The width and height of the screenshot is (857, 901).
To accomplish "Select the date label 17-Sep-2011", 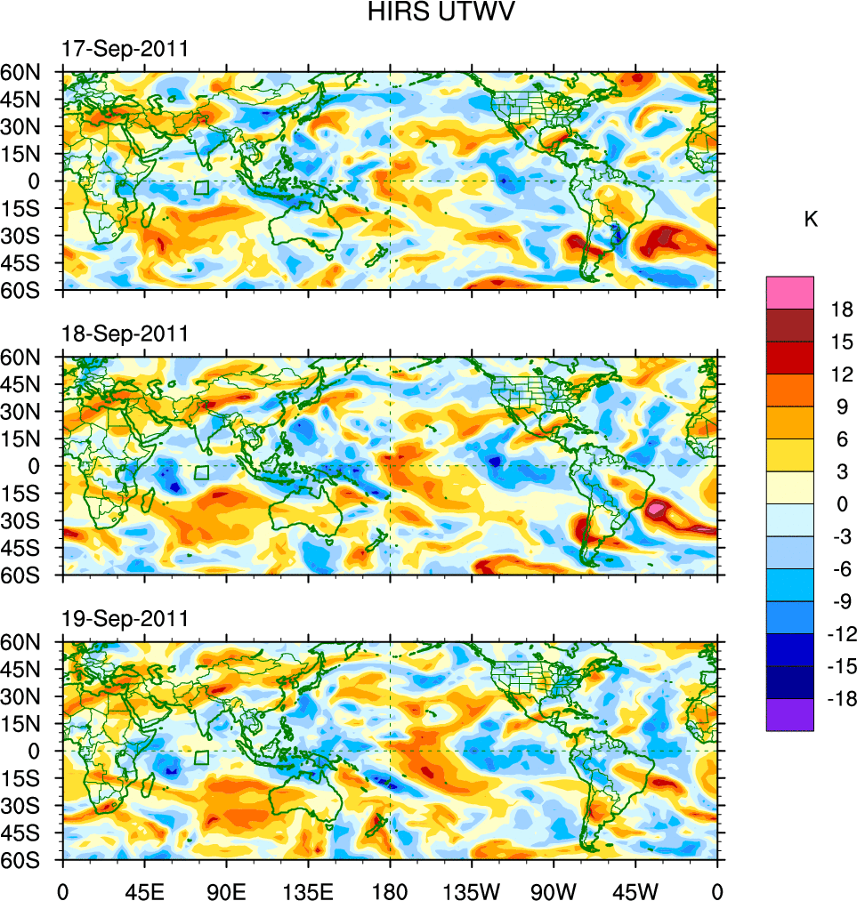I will [125, 49].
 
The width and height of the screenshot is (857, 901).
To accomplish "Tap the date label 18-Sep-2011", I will [125, 334].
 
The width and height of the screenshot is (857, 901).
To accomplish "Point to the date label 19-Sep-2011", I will [125, 618].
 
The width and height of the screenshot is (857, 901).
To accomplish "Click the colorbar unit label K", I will [811, 220].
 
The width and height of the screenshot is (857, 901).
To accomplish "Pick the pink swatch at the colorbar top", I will [789, 292].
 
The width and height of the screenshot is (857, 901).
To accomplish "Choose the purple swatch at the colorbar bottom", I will [789, 715].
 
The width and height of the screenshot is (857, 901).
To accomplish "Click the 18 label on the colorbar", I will [842, 310].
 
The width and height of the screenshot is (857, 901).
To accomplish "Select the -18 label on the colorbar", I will [838, 698].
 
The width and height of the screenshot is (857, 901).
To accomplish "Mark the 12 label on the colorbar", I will [842, 374].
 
